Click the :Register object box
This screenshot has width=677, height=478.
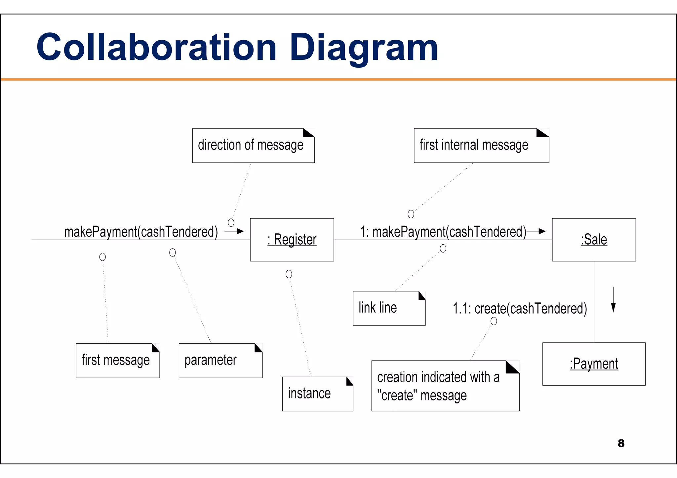292,240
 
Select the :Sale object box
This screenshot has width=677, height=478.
594,240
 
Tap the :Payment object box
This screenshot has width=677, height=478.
594,364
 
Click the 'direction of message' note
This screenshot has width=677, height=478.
253,146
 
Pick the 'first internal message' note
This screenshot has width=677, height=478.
481,146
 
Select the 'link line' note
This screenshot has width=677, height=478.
389,308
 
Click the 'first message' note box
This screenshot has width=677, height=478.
118,360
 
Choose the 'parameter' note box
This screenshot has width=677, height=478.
220,360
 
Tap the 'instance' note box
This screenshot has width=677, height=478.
317,394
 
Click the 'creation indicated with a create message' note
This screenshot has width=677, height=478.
445,386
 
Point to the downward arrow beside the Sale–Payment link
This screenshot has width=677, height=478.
613,300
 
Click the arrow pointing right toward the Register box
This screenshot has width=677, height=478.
234,231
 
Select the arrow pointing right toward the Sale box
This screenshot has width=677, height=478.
536,231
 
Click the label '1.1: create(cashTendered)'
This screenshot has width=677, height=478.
520,309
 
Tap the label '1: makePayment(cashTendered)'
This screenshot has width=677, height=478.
443,232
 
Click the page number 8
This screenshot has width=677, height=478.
621,443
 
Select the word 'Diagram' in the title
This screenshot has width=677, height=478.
364,48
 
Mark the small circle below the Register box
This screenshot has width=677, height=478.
289,274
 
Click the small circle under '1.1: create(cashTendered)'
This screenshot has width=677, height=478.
494,321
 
